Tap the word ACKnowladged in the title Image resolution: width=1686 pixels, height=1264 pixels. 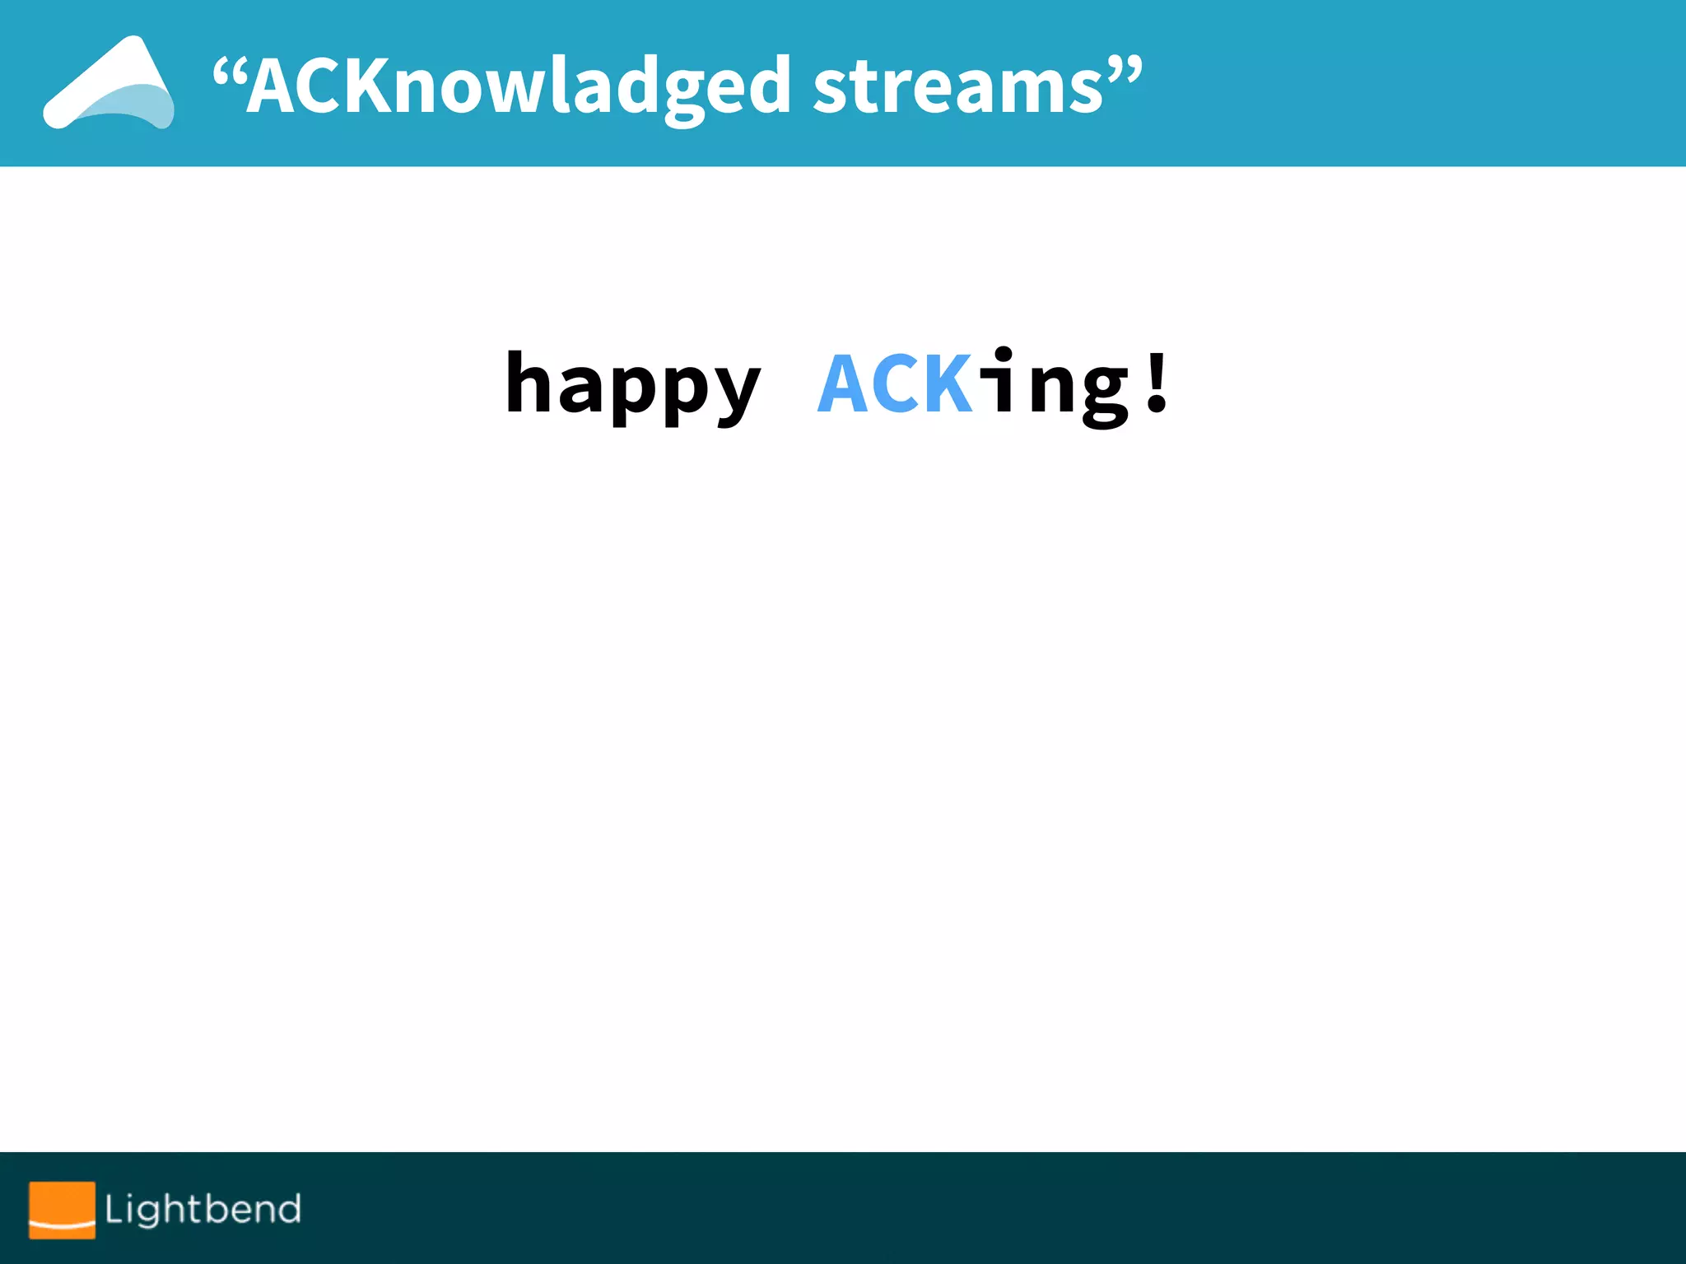pos(519,87)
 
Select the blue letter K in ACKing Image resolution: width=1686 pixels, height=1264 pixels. pos(948,383)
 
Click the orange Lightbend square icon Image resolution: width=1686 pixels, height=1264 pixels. pos(62,1210)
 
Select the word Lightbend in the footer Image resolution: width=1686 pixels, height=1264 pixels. pos(203,1209)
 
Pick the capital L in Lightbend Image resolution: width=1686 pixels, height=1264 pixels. pos(114,1209)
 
